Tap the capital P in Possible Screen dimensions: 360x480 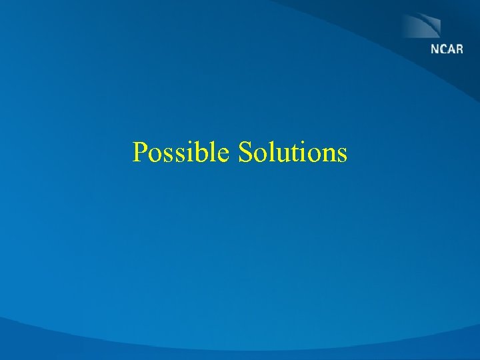[x=140, y=152]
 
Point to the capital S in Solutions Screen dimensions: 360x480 [x=245, y=152]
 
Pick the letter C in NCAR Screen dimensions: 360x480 [x=443, y=50]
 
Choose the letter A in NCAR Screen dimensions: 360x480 [x=451, y=50]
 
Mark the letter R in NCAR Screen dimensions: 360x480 [x=459, y=50]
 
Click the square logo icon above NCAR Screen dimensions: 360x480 [x=421, y=25]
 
